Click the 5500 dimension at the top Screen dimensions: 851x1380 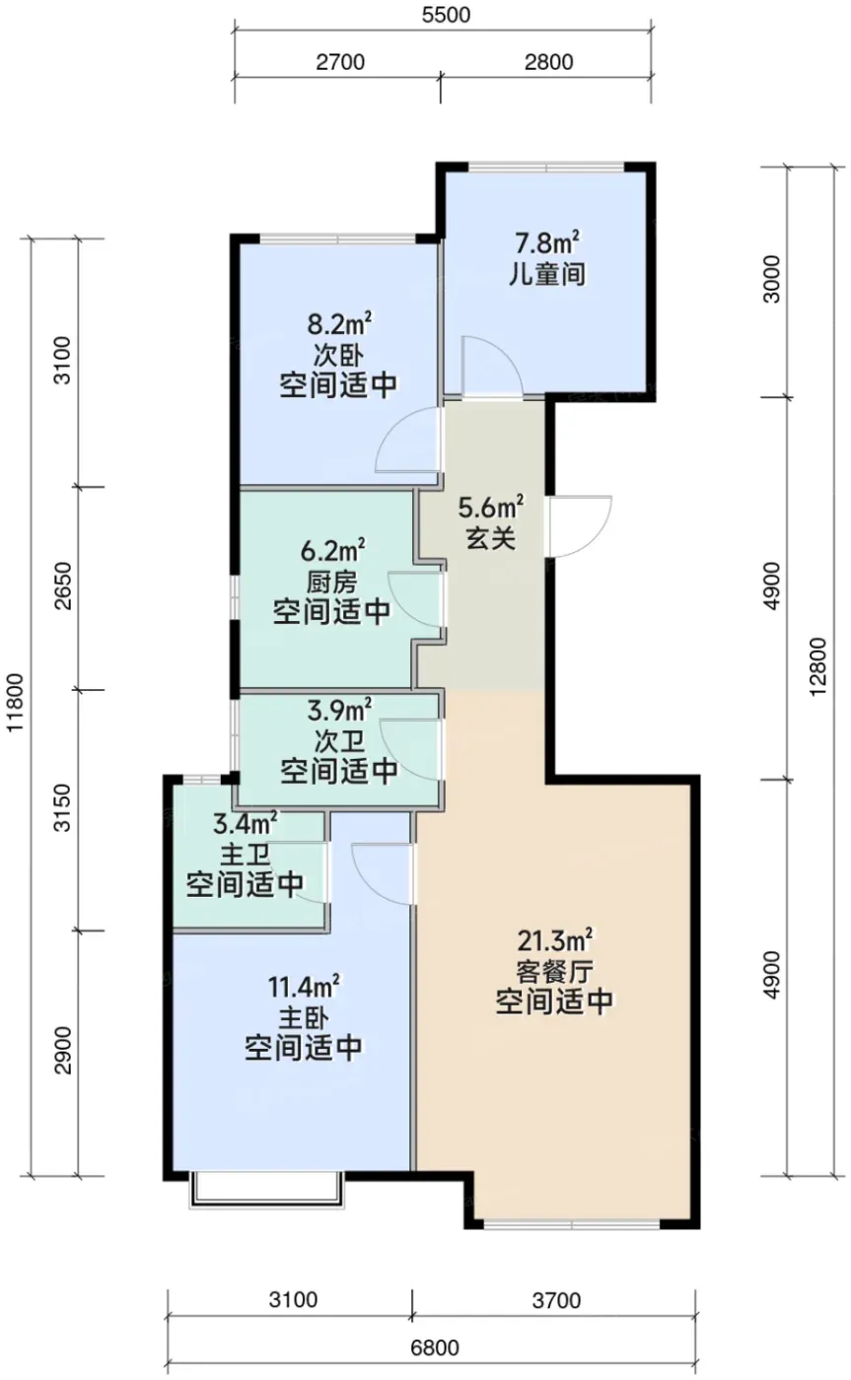(x=446, y=14)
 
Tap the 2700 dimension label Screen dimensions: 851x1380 (x=340, y=61)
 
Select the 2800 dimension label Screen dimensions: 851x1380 (x=548, y=61)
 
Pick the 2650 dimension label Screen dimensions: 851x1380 (x=63, y=586)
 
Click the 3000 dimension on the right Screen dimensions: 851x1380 (x=771, y=279)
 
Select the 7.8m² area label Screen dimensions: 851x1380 (x=547, y=242)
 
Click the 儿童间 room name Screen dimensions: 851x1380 (x=547, y=274)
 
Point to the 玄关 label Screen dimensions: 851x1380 (x=490, y=540)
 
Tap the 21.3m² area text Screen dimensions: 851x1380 (x=555, y=940)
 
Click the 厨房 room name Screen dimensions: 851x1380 (x=331, y=582)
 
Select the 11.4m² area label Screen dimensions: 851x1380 (x=304, y=988)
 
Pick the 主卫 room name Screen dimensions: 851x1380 (x=245, y=856)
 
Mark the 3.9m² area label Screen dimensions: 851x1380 (x=339, y=711)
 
